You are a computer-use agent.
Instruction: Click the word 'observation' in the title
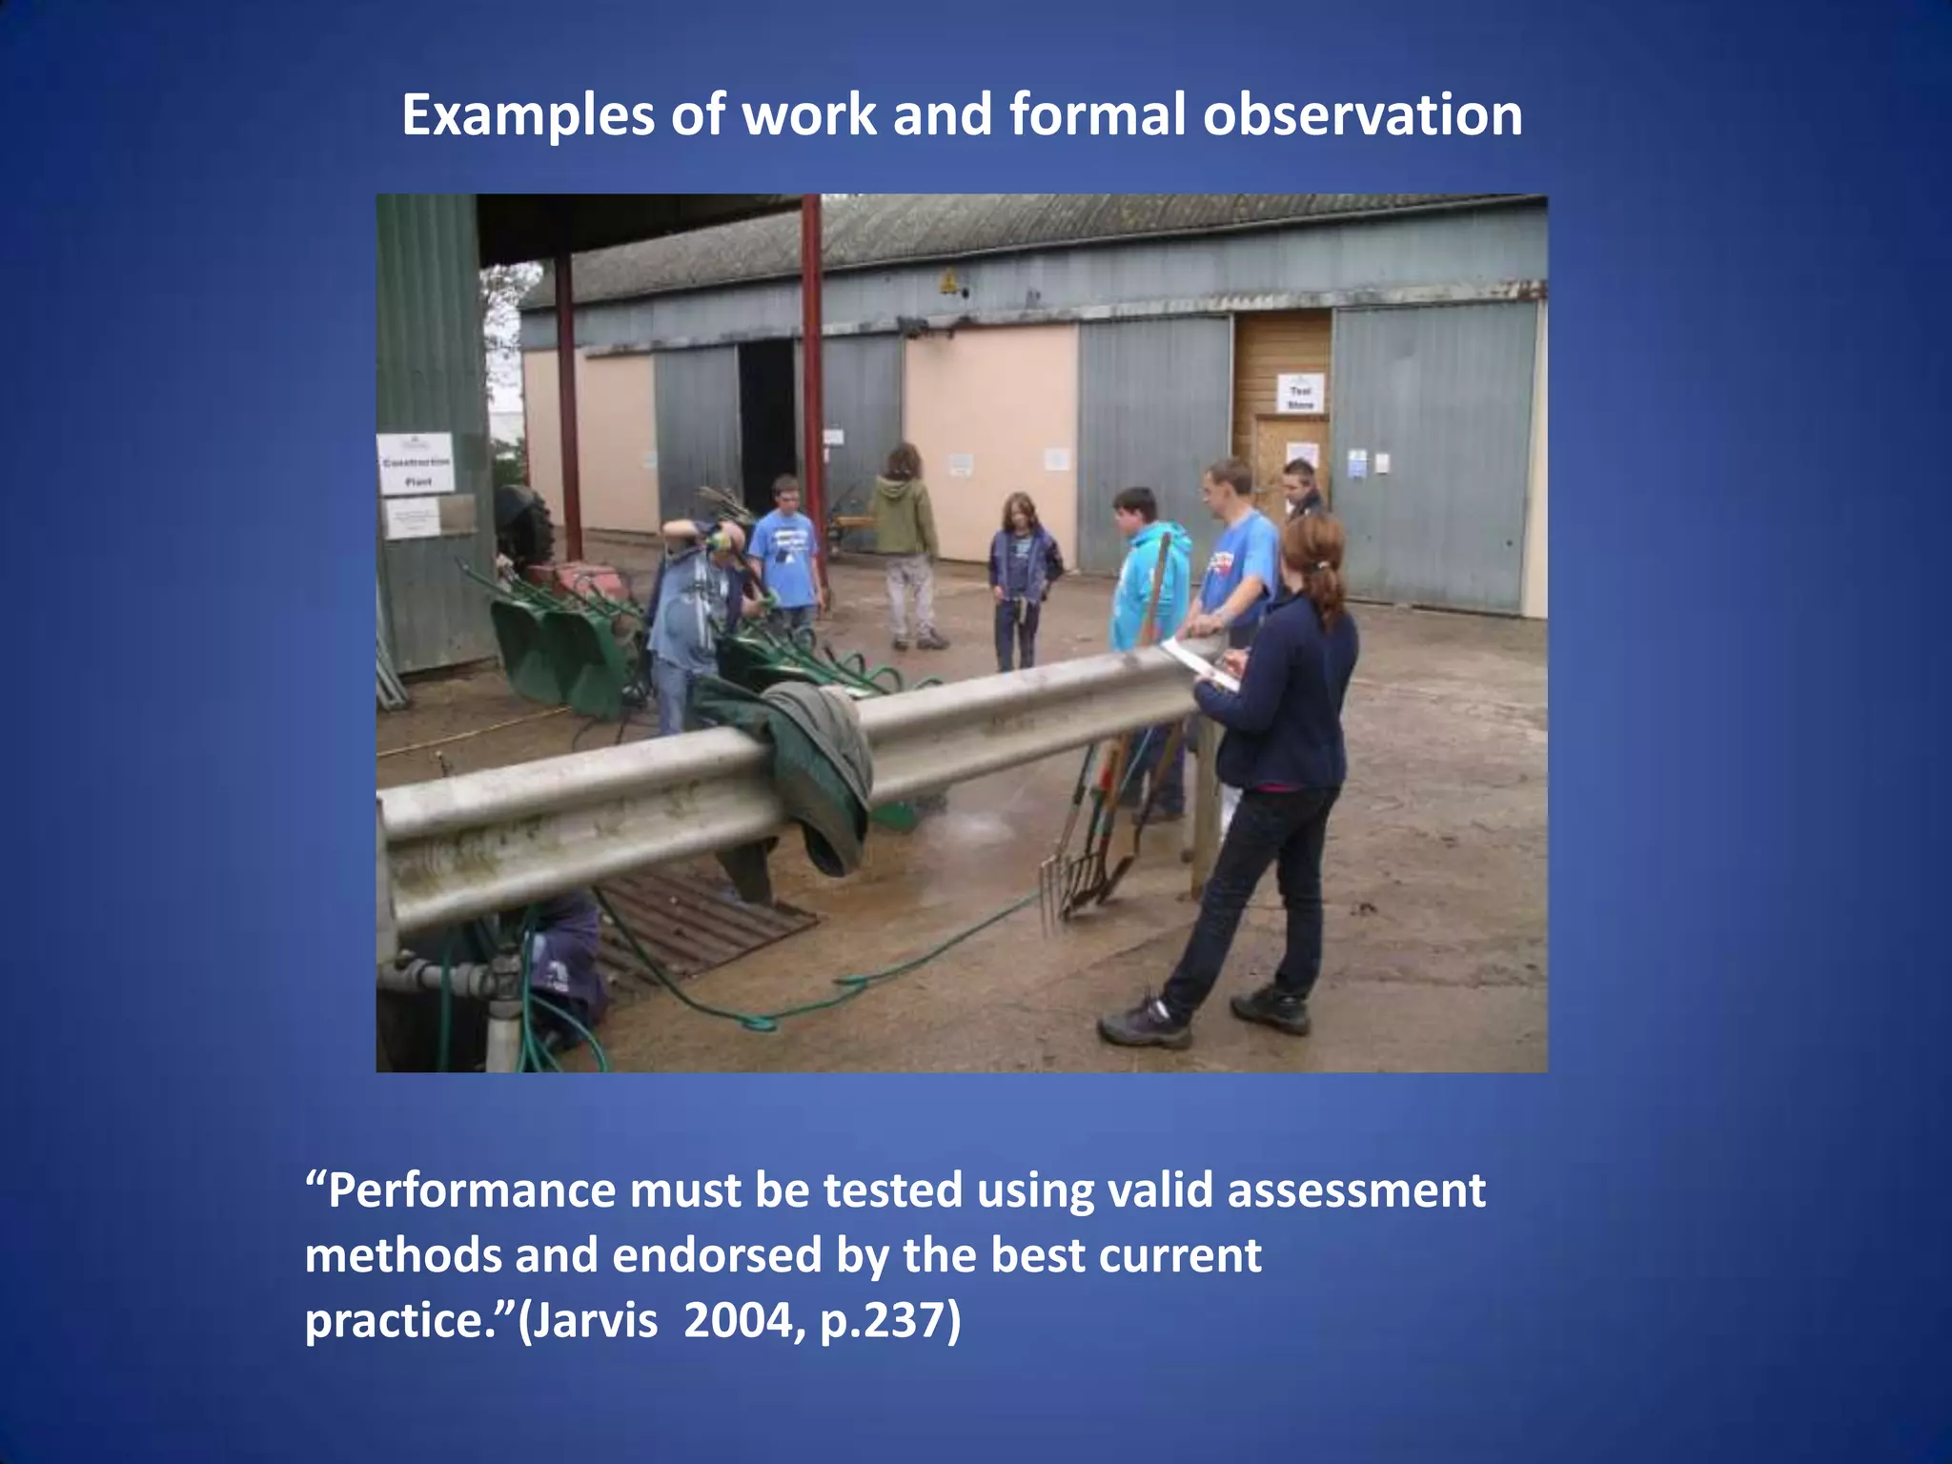1362,115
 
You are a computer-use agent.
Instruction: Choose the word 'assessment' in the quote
1355,1190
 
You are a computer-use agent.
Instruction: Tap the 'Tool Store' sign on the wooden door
1300,393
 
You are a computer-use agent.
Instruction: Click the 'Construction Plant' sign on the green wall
416,463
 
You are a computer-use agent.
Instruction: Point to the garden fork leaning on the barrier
1060,877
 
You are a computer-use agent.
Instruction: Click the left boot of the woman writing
1144,1025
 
